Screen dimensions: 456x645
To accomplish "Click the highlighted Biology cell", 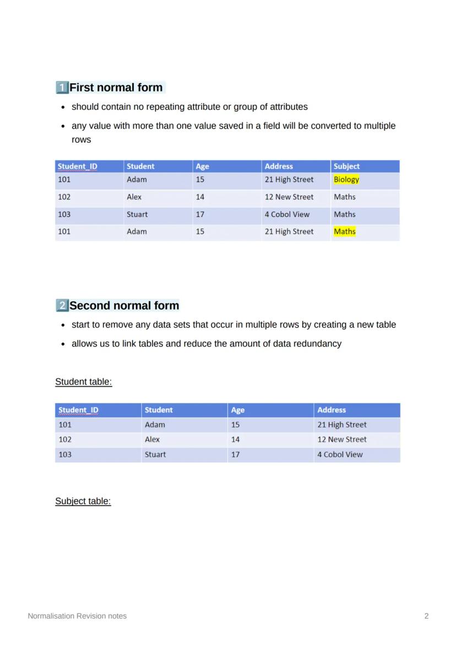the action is [346, 180].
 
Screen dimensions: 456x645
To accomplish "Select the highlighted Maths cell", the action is [345, 232].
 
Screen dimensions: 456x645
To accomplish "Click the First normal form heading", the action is [116, 88].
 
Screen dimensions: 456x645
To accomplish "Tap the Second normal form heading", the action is [124, 306].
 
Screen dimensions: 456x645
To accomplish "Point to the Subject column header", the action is [346, 166].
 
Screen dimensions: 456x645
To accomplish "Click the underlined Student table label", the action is [84, 382].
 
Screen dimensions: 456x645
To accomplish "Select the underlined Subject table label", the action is [83, 501].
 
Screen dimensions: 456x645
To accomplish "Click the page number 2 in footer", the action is [426, 616].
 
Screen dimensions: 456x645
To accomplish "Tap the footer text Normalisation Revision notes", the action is [77, 616].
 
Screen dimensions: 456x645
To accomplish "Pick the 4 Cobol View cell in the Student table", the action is [340, 454].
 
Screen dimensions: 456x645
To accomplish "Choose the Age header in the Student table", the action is [238, 410].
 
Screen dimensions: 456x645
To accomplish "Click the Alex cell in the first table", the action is [134, 197].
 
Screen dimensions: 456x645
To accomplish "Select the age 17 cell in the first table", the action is [200, 214].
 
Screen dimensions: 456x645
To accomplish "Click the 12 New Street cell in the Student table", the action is [341, 440].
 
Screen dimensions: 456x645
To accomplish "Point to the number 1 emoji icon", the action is [62, 88].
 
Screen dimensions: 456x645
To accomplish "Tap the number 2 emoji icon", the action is [62, 306].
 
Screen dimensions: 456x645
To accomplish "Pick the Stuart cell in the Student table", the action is [155, 454].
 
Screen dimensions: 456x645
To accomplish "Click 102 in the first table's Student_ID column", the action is [64, 197].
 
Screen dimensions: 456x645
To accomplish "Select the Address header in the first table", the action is [279, 166].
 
